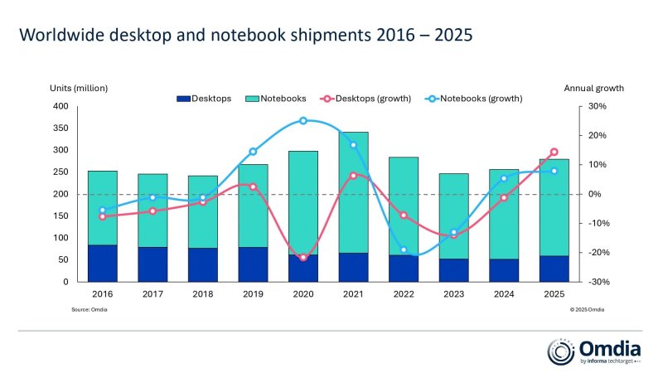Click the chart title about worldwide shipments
[x=246, y=36]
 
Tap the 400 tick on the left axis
[x=60, y=107]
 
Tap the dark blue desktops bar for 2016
[x=102, y=263]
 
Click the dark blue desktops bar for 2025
[x=554, y=269]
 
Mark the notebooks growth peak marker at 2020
[x=302, y=121]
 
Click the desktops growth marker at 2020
[x=302, y=258]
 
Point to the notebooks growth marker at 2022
[x=404, y=249]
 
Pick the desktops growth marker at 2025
[x=554, y=153]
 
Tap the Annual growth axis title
[x=593, y=88]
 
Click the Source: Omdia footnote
[x=90, y=309]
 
